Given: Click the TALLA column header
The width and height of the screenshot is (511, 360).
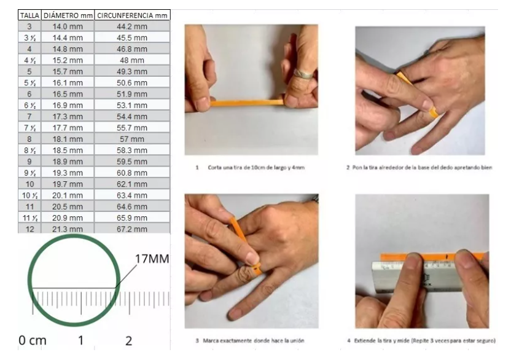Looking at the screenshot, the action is click(29, 15).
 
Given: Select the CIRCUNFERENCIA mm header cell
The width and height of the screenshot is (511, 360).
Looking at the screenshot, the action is click(132, 15).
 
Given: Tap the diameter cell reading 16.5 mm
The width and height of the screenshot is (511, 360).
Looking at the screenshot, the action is click(68, 94).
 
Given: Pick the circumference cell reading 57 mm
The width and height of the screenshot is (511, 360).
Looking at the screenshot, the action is click(132, 139).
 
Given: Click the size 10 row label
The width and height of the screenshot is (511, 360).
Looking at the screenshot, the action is click(29, 184).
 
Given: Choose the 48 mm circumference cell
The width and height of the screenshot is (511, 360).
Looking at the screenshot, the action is click(132, 60).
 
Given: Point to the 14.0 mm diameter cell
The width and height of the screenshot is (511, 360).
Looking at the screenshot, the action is click(68, 26).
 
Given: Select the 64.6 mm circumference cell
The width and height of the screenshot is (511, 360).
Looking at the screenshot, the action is click(132, 206).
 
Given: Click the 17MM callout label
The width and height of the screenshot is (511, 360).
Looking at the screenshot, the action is click(152, 259).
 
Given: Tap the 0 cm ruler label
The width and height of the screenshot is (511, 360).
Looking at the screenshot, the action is click(33, 340).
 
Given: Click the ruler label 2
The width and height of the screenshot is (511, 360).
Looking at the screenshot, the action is click(129, 341).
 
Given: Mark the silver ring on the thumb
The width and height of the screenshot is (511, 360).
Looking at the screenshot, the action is click(303, 74).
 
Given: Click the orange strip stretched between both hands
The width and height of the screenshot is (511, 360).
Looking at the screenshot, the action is click(247, 103).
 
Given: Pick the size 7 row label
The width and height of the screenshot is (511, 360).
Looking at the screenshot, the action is click(29, 116).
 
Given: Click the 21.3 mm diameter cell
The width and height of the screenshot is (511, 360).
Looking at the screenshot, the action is click(68, 229).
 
